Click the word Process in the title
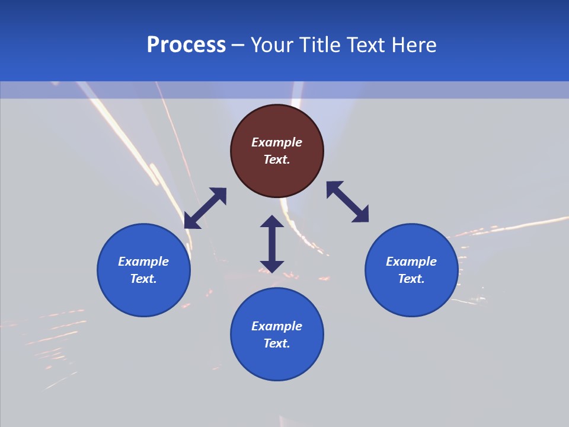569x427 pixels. pyautogui.click(x=186, y=45)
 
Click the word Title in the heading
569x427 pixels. pyautogui.click(x=315, y=45)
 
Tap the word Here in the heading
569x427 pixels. pyautogui.click(x=414, y=45)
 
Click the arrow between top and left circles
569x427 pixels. pyautogui.click(x=205, y=208)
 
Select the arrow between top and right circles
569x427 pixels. pyautogui.click(x=347, y=202)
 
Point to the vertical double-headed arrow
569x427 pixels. pyautogui.click(x=272, y=244)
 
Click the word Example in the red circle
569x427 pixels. pyautogui.click(x=277, y=142)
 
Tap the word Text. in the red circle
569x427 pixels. pyautogui.click(x=277, y=160)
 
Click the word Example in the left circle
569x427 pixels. pyautogui.click(x=143, y=262)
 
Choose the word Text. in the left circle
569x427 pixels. pyautogui.click(x=143, y=279)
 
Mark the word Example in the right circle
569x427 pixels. pyautogui.click(x=411, y=262)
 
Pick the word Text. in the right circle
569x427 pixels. pyautogui.click(x=411, y=279)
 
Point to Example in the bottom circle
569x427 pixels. pyautogui.click(x=277, y=326)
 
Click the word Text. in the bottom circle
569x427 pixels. pyautogui.click(x=277, y=343)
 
